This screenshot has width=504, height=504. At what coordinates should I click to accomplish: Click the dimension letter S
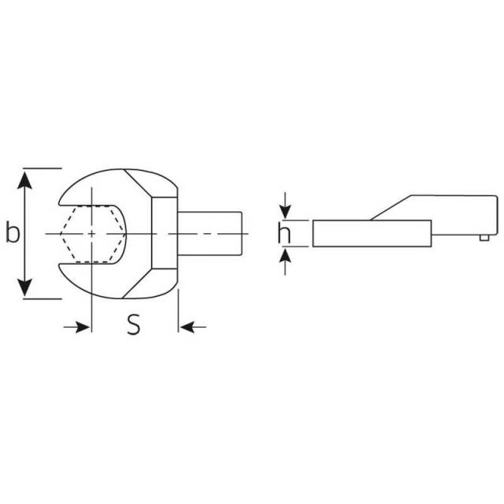pos(133,324)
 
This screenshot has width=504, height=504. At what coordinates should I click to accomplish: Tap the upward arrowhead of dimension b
pos(24,180)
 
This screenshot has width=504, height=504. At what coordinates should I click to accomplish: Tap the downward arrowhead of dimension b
pos(24,287)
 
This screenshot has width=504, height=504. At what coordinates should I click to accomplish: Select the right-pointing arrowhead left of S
pos(82,328)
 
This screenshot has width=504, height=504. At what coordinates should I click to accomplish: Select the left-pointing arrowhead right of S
pos(187,328)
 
